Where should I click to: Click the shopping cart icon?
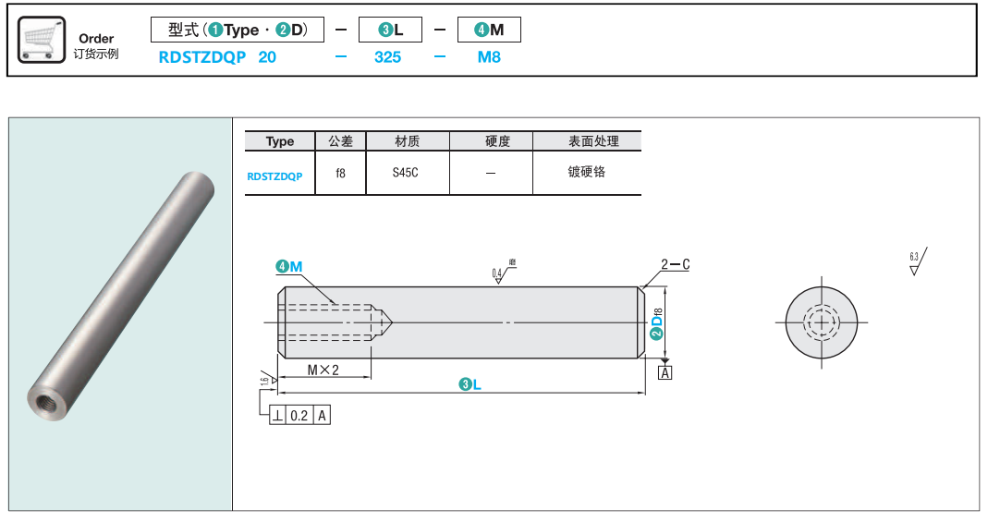pyautogui.click(x=42, y=39)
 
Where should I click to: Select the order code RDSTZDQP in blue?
pyautogui.click(x=202, y=56)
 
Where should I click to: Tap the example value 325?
pyautogui.click(x=387, y=56)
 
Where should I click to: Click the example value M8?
pyautogui.click(x=489, y=56)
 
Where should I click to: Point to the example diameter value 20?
pyautogui.click(x=267, y=56)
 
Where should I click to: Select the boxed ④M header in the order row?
pyautogui.click(x=489, y=30)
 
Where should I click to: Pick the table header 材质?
pyautogui.click(x=407, y=141)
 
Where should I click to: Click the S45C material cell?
pyautogui.click(x=406, y=173)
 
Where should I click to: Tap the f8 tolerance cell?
pyautogui.click(x=340, y=173)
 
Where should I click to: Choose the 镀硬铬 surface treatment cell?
pyautogui.click(x=586, y=172)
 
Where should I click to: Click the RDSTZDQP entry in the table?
pyautogui.click(x=274, y=175)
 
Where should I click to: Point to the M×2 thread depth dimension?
pyautogui.click(x=323, y=370)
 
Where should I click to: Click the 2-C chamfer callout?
pyautogui.click(x=675, y=265)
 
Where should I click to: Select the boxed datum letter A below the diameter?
pyautogui.click(x=664, y=372)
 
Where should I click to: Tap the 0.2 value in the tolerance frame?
pyautogui.click(x=299, y=416)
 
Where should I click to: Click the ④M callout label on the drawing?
pyautogui.click(x=289, y=267)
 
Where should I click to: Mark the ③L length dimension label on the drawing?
pyautogui.click(x=470, y=384)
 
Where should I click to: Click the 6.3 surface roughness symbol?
pyautogui.click(x=917, y=262)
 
